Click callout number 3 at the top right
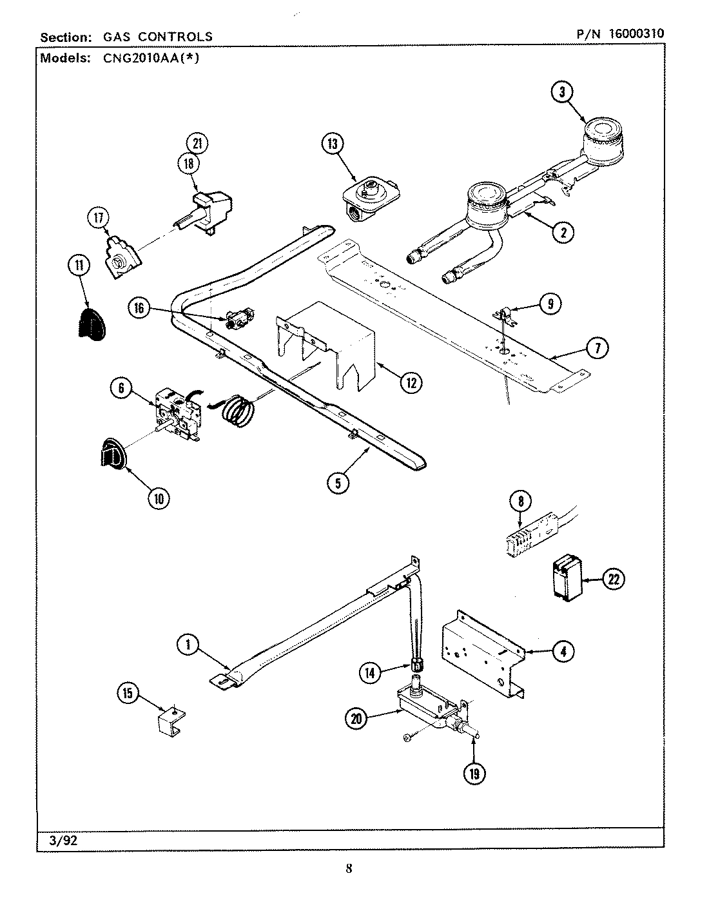[x=562, y=92]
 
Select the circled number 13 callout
[x=332, y=144]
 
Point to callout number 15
[x=128, y=694]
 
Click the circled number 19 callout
[x=474, y=774]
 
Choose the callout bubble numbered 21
[x=197, y=143]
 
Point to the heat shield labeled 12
[x=329, y=348]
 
